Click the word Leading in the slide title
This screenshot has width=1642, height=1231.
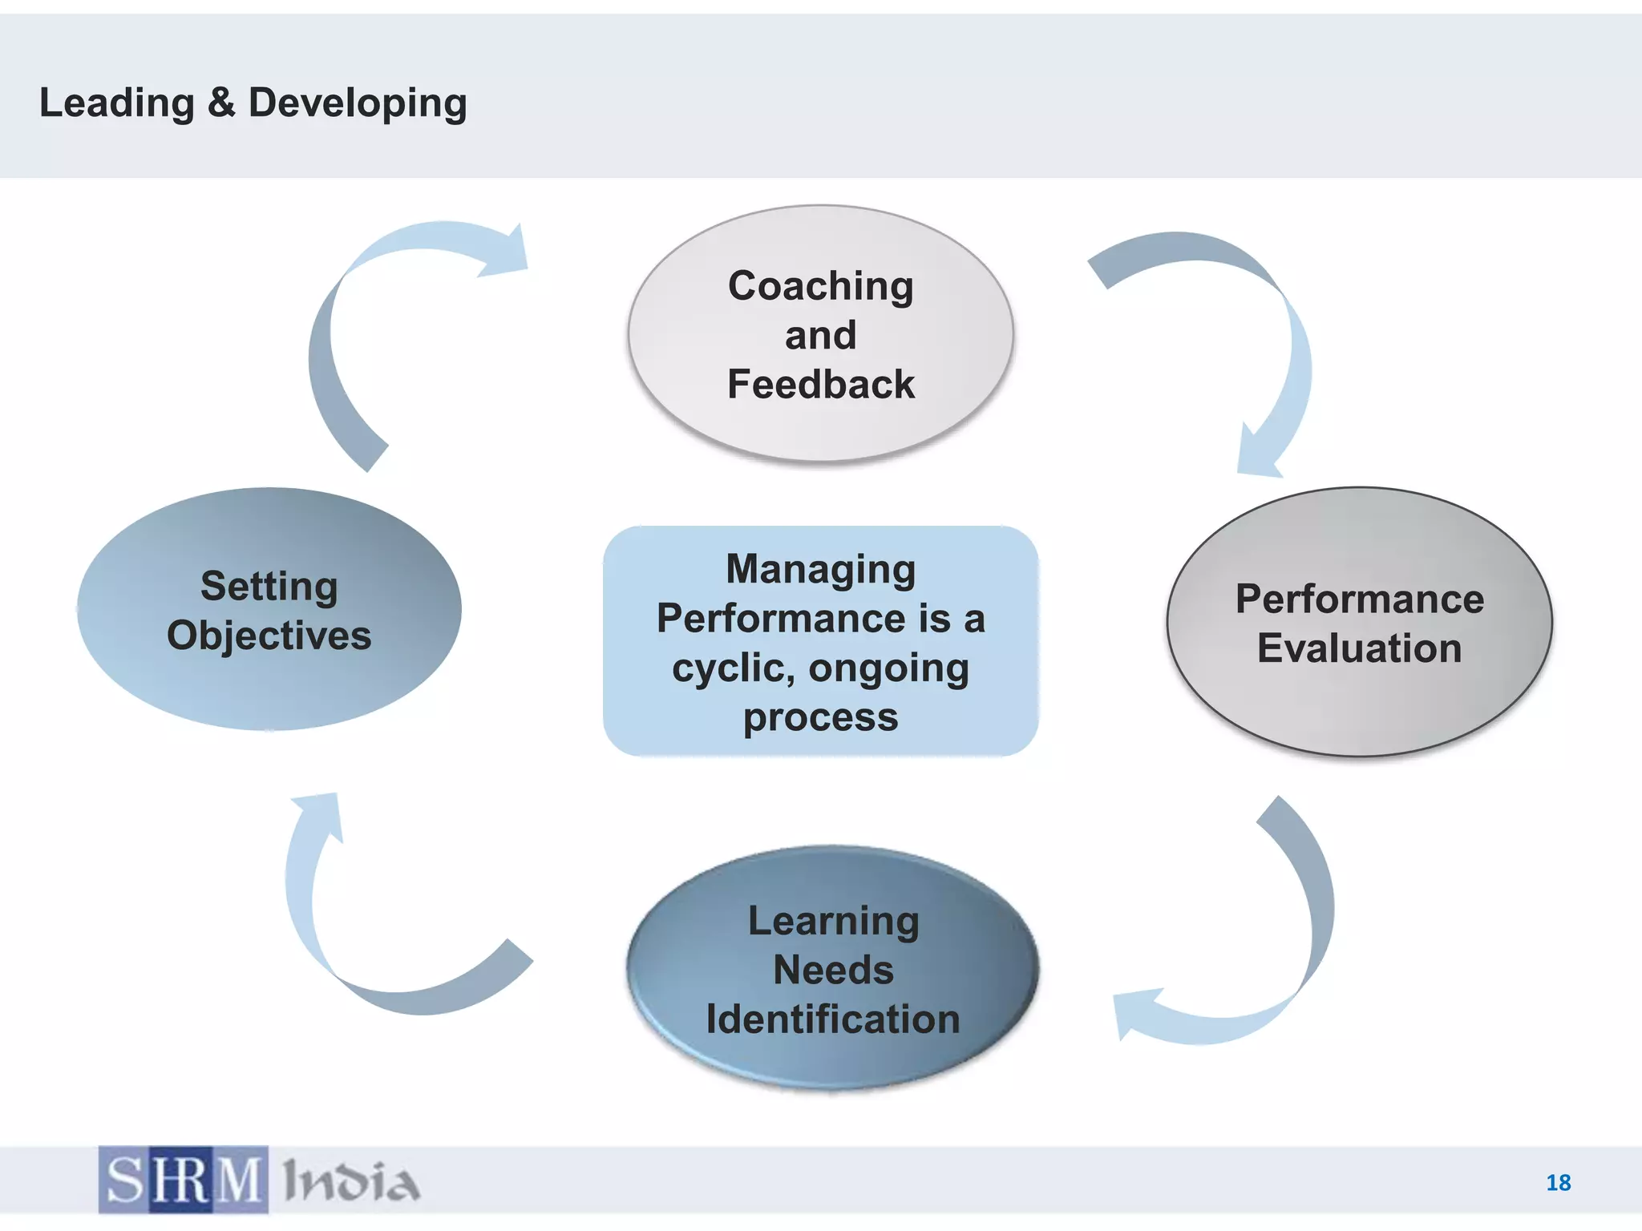coord(116,103)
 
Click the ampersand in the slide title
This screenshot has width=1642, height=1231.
coord(221,103)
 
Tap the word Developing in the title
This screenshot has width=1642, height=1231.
coord(358,103)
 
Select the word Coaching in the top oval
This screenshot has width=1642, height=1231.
coord(820,286)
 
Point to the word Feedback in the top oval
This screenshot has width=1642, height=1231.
coord(820,384)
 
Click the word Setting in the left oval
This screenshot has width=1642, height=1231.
coord(269,587)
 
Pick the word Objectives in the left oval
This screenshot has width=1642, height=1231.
coord(269,636)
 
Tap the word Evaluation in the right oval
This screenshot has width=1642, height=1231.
coord(1359,648)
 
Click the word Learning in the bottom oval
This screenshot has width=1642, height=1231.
coord(833,921)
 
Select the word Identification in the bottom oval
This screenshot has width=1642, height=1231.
coord(833,1019)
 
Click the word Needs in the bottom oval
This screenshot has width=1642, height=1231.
coord(833,970)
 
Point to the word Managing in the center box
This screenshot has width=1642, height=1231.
coord(820,569)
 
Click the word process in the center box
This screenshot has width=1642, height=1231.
coord(820,717)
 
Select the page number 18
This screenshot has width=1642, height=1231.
coord(1558,1182)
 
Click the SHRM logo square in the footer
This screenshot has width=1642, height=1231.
coord(184,1180)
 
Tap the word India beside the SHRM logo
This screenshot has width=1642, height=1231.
coord(351,1181)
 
